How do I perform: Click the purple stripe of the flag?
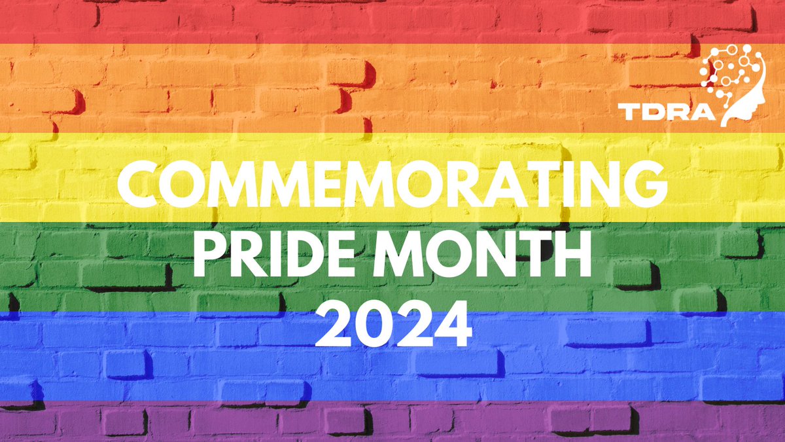[392, 422]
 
